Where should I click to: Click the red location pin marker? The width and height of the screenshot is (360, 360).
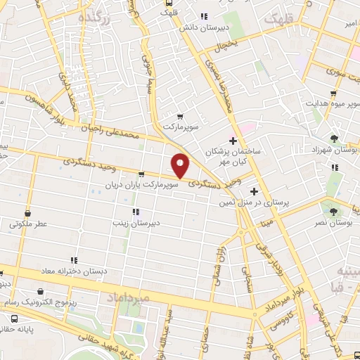[x=181, y=165]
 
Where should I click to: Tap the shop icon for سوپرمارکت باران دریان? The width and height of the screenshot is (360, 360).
[x=141, y=174]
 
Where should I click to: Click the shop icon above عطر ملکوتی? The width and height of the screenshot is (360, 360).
[x=27, y=213]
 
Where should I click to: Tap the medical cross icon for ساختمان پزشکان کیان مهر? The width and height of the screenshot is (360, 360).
[x=232, y=141]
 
